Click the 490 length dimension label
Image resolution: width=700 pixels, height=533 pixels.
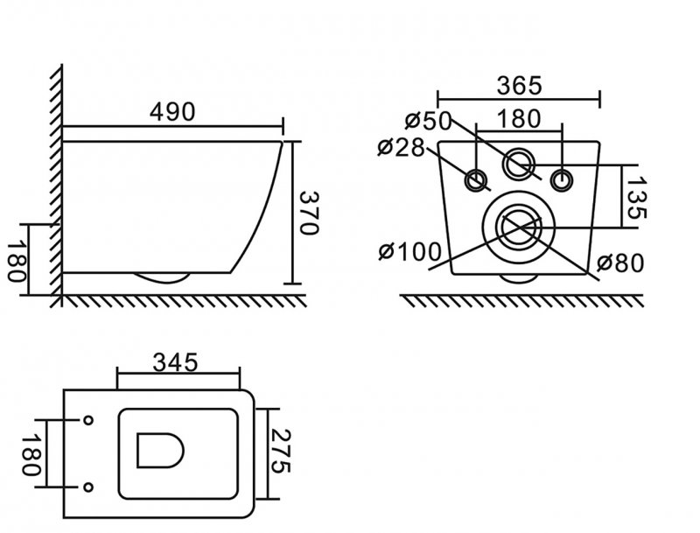click(x=172, y=112)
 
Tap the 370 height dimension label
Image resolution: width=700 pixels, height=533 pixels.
click(x=308, y=213)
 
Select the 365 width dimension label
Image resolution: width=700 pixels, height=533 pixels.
click(x=519, y=86)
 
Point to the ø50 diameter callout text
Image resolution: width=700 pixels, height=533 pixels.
click(x=429, y=121)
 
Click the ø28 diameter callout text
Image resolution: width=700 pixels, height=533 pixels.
click(x=401, y=147)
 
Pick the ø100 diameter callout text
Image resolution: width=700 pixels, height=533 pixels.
click(x=409, y=252)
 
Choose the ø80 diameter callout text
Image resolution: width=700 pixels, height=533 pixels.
click(x=620, y=263)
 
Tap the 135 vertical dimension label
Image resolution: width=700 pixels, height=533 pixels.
click(x=636, y=198)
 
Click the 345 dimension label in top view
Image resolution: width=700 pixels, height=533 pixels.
click(x=175, y=362)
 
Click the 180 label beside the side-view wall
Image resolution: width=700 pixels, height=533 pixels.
click(x=17, y=262)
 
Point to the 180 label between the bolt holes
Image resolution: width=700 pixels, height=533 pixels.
click(x=518, y=119)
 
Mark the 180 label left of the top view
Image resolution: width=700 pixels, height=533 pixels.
click(x=31, y=455)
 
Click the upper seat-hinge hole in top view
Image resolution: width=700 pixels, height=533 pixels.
click(x=88, y=420)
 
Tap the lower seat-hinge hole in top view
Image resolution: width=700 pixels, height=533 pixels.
click(x=88, y=487)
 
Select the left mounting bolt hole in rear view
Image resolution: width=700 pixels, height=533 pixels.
click(x=477, y=181)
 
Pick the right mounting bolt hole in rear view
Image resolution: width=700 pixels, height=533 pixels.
click(x=561, y=180)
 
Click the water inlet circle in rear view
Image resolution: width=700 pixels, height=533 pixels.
click(x=518, y=165)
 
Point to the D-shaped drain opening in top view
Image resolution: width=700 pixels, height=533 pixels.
click(x=161, y=450)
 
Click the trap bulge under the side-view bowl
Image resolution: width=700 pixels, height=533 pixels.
click(x=162, y=278)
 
